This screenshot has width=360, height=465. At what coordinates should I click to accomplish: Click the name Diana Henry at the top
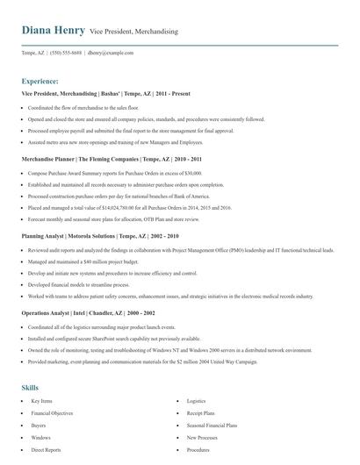point(54,31)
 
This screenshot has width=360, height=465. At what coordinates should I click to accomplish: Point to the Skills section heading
point(30,387)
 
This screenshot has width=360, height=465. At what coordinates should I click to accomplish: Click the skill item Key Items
point(42,400)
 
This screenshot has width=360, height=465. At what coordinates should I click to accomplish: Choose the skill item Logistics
point(196,400)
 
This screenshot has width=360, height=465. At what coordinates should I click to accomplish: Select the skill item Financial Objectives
point(52,412)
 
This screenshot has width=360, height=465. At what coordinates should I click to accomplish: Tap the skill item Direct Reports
point(46,449)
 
